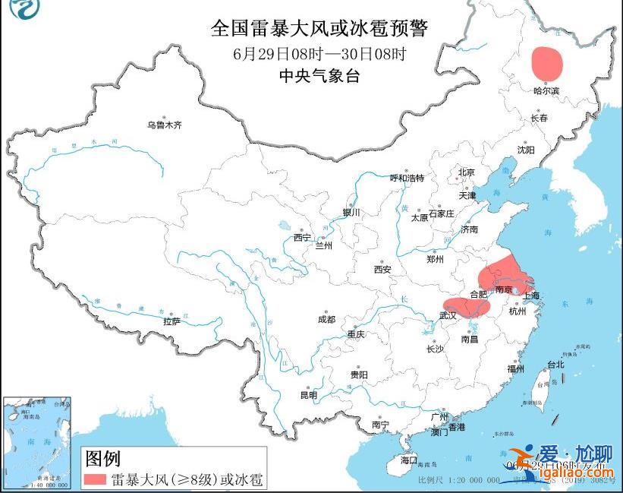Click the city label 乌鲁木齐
165,125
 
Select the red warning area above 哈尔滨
547,64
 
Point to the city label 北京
466,172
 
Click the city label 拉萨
171,321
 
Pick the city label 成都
326,320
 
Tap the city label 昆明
308,395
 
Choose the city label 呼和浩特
407,178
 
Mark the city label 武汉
448,315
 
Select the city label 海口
409,460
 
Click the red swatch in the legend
95,479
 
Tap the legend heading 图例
102,458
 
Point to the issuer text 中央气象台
319,75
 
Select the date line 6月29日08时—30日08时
319,53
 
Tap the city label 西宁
302,238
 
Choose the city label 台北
555,364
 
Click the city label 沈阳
525,150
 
